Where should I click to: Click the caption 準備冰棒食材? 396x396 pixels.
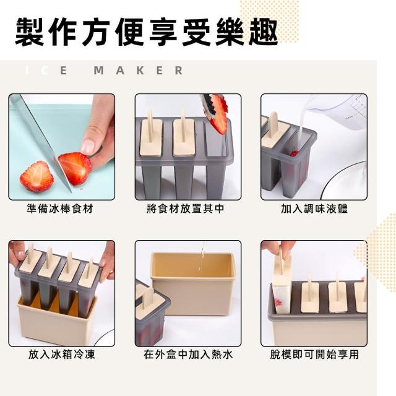(60, 209)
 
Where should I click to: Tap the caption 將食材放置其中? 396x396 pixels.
(186, 209)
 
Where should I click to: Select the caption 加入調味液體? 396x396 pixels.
(314, 209)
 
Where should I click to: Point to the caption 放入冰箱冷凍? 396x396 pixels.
(62, 355)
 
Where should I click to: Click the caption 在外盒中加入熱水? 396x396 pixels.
(188, 355)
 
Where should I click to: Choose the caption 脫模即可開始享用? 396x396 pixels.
(314, 355)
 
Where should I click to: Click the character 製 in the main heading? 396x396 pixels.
(30, 32)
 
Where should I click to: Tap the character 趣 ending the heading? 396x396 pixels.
(262, 32)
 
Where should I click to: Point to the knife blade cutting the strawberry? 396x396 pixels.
(43, 142)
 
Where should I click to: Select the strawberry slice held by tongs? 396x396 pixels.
(218, 114)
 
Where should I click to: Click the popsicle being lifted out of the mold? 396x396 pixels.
(282, 285)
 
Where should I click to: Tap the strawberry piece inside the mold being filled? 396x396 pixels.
(294, 153)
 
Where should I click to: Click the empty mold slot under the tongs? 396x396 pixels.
(218, 142)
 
